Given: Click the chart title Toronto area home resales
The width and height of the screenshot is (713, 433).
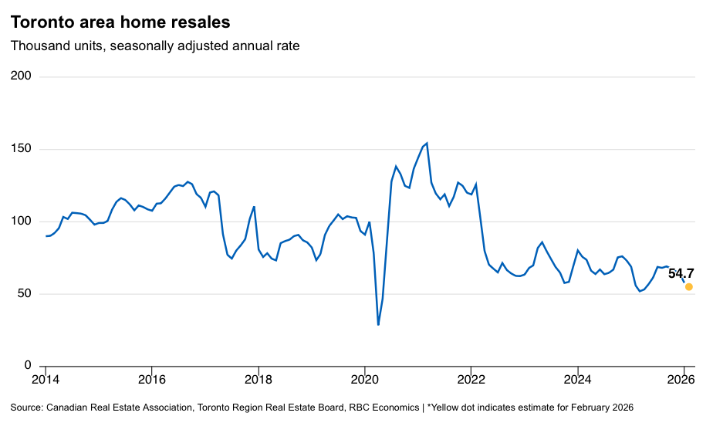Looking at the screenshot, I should pos(120,22).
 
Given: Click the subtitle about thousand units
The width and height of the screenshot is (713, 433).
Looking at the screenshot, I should pos(155,46).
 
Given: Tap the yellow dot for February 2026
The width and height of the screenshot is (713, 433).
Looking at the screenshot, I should pos(689,286).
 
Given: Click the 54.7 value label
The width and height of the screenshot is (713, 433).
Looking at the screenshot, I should pos(681,273).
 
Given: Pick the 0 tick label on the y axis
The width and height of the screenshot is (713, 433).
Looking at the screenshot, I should pos(27,365).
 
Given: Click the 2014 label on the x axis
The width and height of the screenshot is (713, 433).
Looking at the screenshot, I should pos(46,380).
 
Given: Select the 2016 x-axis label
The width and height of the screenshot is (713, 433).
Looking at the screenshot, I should pos(151,380).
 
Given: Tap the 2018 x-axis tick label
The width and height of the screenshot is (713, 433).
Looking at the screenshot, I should pos(258,380).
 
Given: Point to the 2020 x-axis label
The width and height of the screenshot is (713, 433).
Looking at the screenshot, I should pos(364,380).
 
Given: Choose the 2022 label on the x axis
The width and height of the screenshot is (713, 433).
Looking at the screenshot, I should pos(471,380).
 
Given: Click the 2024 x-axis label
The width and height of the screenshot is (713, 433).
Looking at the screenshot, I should pos(577,380).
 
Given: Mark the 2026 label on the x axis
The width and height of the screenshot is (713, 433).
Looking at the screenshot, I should pos(683,380).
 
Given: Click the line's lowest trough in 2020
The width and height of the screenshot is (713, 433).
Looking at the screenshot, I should pos(378,324).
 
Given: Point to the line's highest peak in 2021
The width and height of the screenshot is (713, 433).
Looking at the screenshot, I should pos(427,143).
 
